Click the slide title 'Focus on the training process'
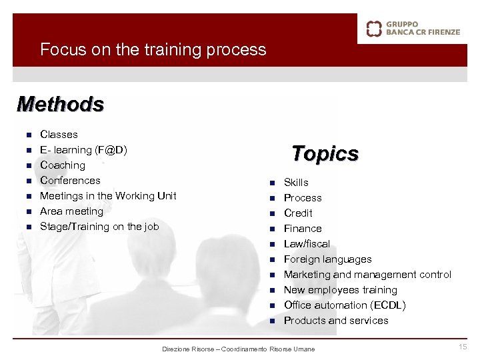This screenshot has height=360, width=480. point(153,50)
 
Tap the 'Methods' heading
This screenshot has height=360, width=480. point(61,105)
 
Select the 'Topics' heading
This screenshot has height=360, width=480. point(325,154)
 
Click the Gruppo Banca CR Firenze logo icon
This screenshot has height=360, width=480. point(375,29)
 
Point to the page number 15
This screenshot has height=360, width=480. point(463,347)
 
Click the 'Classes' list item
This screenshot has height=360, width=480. point(59,135)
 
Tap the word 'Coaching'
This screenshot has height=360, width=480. point(63,165)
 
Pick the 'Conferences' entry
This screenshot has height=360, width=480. point(70,181)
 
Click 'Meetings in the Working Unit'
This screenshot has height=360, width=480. point(108,196)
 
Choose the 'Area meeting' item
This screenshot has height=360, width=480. point(71,211)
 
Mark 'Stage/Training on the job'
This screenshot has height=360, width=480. point(99,227)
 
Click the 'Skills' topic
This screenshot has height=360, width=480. point(296,183)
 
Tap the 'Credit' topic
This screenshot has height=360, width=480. point(298,213)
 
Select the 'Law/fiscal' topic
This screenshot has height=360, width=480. point(307,244)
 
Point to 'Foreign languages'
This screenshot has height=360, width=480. point(327,259)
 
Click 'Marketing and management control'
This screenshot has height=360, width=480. point(367,275)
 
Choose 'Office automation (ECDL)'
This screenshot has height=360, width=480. point(344,305)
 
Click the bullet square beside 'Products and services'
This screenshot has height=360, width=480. point(272,321)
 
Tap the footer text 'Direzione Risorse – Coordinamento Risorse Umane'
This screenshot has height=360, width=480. point(239,349)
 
